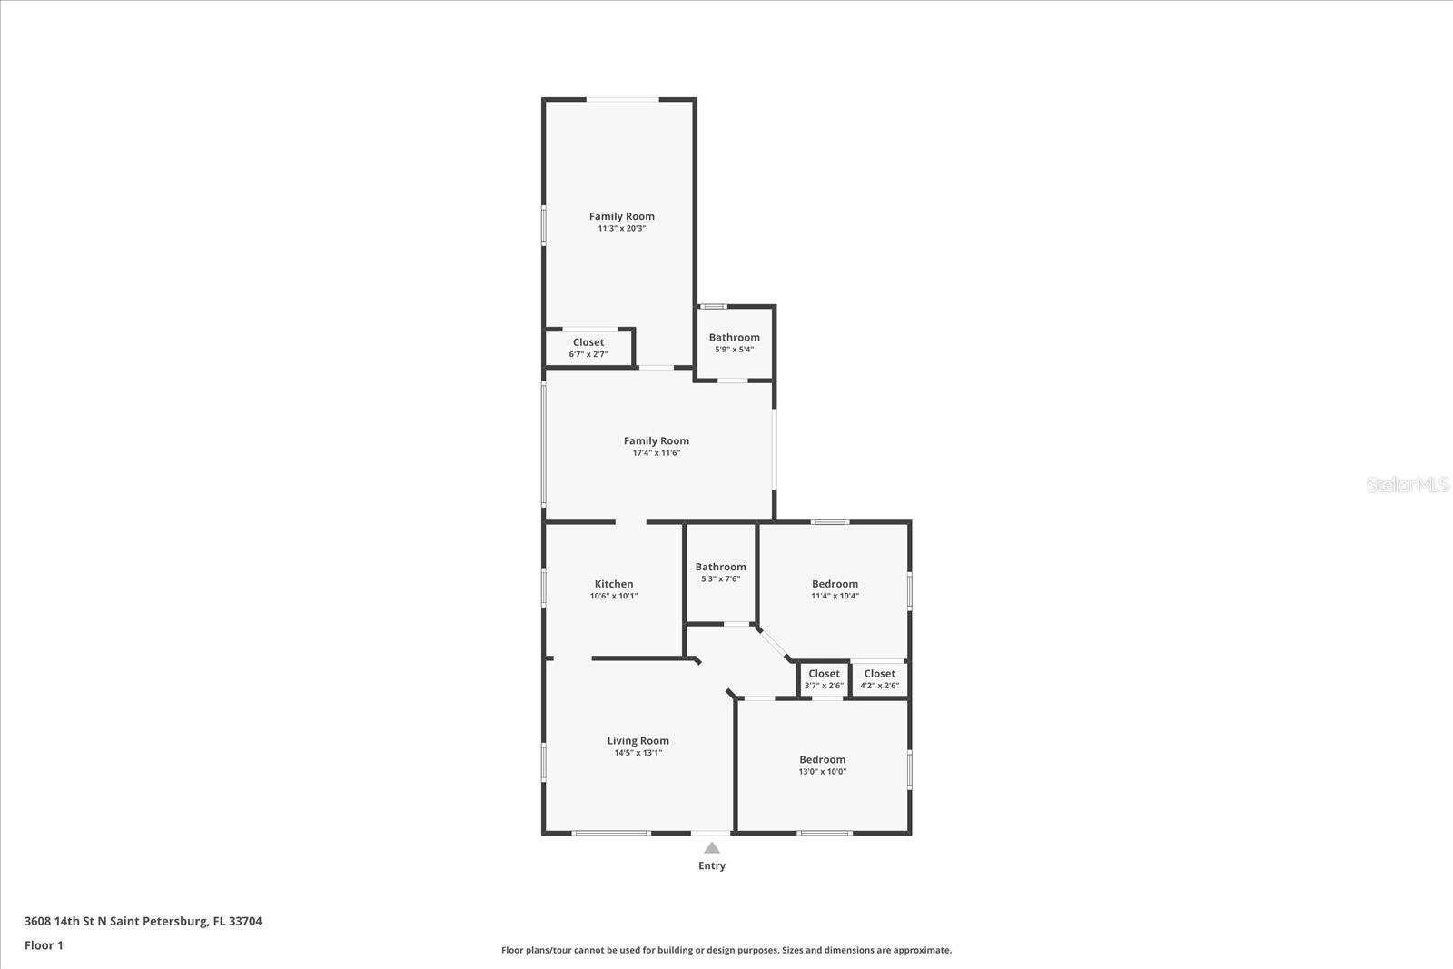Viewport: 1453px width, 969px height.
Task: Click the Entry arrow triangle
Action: point(712,848)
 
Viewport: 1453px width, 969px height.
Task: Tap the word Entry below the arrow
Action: point(712,866)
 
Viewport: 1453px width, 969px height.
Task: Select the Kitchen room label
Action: point(614,584)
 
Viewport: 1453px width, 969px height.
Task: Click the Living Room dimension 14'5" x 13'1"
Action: point(638,753)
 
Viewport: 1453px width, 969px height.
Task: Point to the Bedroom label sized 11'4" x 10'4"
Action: point(835,584)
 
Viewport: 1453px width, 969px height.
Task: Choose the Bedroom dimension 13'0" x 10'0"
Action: point(822,772)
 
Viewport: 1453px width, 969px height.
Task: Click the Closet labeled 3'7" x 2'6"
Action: point(824,674)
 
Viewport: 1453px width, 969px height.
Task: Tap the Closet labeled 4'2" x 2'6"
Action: point(879,674)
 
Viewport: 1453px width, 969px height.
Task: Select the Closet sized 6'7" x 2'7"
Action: point(588,342)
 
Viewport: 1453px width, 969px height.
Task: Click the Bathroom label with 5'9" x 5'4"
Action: point(734,337)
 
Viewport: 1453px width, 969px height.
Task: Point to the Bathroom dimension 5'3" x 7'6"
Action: point(720,579)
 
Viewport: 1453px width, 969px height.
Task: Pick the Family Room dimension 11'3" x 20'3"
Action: point(621,229)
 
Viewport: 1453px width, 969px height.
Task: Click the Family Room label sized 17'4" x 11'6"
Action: point(656,440)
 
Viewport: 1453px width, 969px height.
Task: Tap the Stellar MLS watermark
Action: point(1407,485)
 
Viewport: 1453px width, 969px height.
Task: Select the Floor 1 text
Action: point(44,945)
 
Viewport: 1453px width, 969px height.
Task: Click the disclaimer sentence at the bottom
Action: point(726,950)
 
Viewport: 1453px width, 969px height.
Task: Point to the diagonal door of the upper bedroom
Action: point(774,642)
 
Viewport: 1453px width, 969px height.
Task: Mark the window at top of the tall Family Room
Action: point(622,99)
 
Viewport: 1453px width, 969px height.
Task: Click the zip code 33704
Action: point(245,921)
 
